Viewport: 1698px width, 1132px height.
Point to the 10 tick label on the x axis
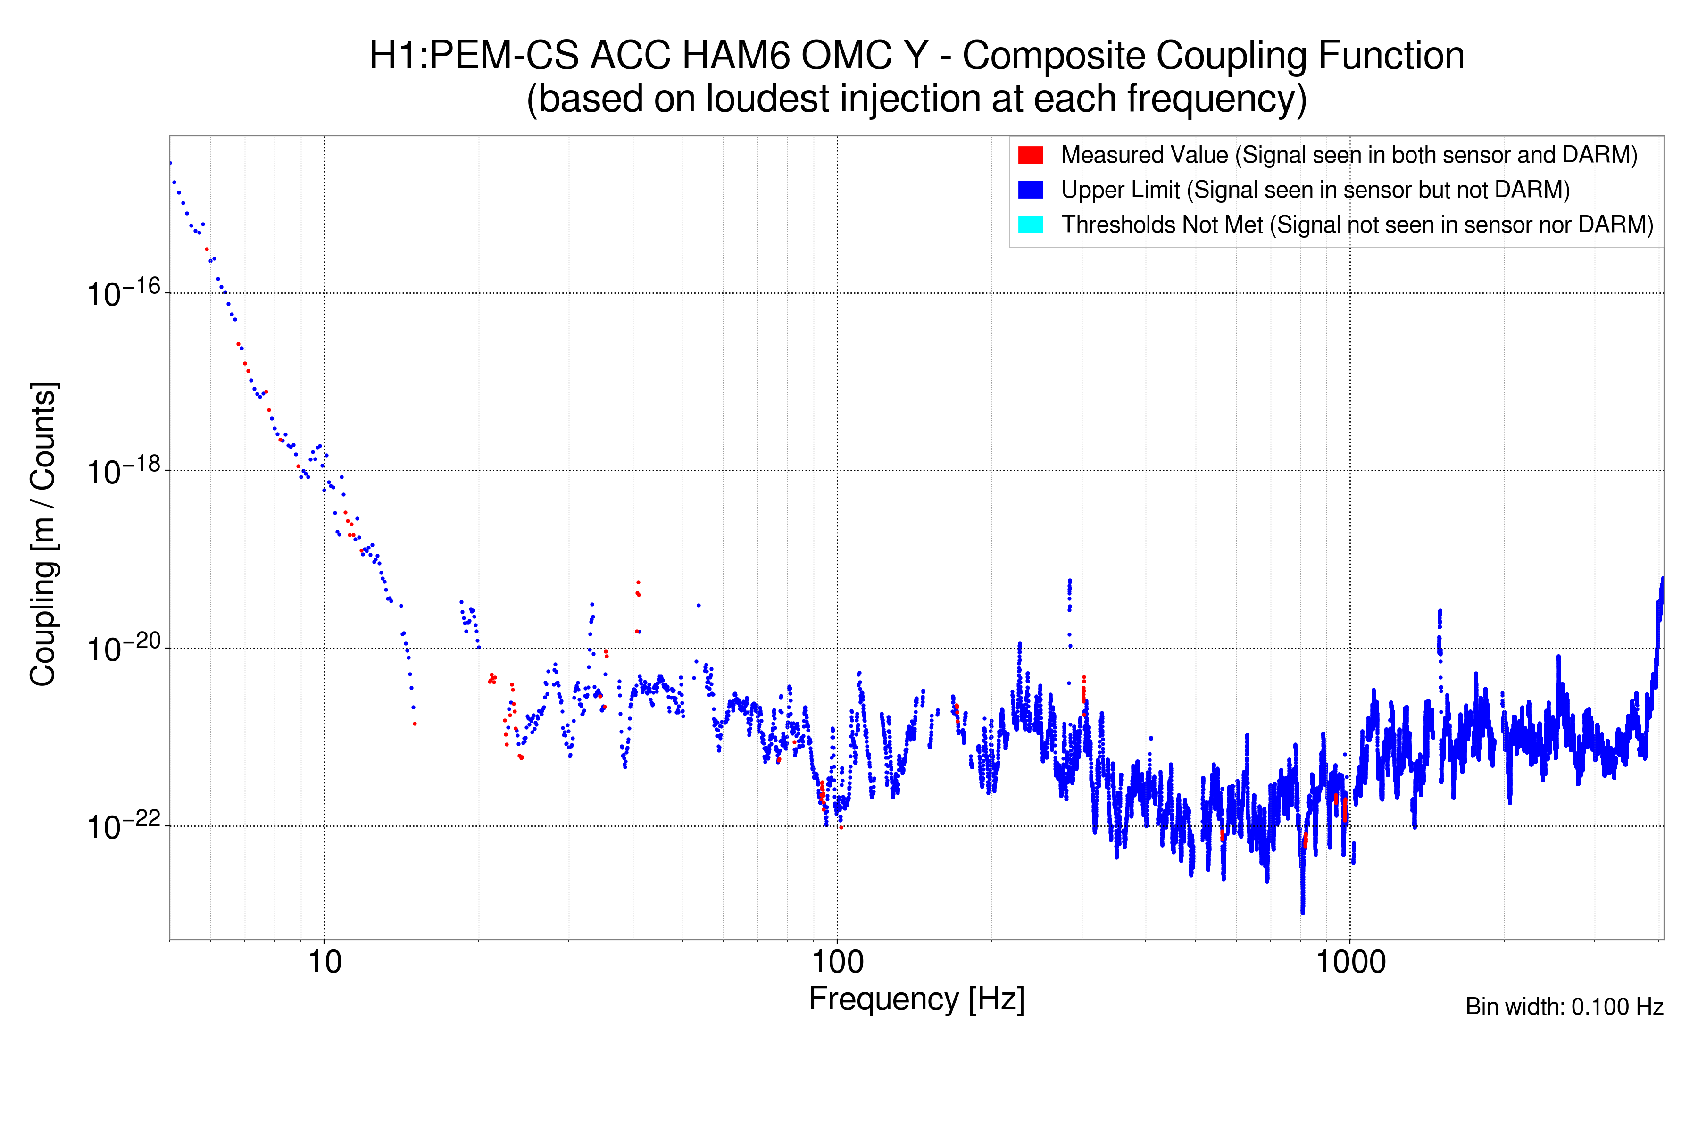324,962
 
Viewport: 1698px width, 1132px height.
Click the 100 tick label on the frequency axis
838,962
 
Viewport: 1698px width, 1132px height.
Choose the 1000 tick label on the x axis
1350,962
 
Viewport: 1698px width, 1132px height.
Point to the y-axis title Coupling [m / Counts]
43,534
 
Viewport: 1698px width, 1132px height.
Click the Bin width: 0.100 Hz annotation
1564,1007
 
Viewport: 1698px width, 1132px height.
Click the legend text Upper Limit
1121,190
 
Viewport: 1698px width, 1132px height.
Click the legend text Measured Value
1144,155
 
